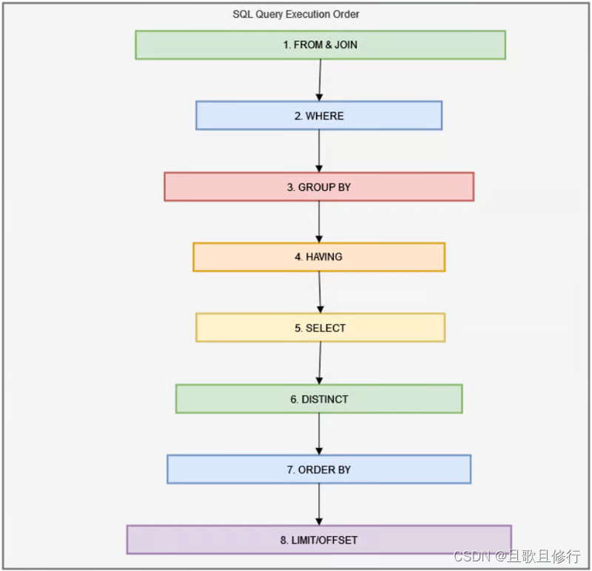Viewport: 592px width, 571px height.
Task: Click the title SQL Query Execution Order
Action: [296, 14]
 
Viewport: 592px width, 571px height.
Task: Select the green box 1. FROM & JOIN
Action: [320, 44]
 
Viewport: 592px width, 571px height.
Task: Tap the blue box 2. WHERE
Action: [319, 115]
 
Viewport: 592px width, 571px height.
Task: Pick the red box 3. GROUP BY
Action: [319, 187]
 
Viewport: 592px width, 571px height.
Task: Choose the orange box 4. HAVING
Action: [319, 257]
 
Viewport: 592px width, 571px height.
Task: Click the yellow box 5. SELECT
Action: [320, 328]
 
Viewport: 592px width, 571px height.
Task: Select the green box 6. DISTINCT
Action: [319, 399]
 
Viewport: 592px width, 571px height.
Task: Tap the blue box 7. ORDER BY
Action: [319, 470]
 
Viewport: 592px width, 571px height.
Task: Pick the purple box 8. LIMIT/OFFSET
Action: [319, 540]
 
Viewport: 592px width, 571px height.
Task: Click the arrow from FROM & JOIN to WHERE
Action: [320, 80]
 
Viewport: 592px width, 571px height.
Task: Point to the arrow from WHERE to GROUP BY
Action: [319, 151]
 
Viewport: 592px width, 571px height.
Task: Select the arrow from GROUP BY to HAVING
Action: [319, 222]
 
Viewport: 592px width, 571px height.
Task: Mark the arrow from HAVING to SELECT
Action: [320, 292]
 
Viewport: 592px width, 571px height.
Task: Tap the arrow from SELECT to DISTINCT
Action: [320, 363]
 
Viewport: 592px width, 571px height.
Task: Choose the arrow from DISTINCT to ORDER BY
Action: [319, 434]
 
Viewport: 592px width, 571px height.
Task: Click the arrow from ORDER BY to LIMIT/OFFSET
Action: [319, 504]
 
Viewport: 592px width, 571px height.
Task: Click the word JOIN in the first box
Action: [345, 44]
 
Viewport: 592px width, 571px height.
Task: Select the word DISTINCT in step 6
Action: [325, 399]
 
